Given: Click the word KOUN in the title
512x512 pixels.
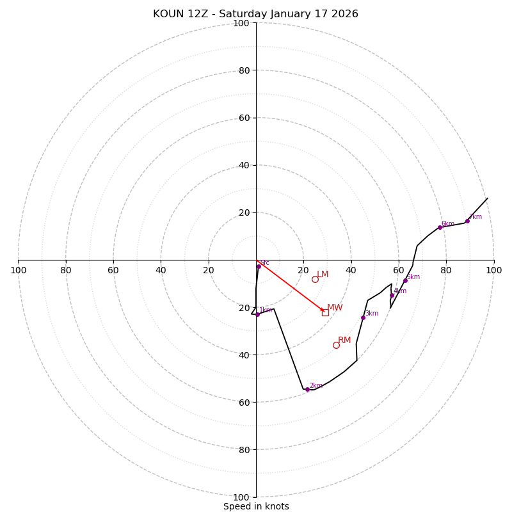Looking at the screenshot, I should point(168,14).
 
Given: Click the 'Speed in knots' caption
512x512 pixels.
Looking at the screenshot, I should point(256,506).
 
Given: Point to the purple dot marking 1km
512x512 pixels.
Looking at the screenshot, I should point(258,314).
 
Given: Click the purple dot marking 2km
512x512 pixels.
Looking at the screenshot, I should point(307,389).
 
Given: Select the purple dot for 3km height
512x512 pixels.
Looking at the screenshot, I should point(363,317).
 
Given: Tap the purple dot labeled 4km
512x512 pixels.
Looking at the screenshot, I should point(392,295).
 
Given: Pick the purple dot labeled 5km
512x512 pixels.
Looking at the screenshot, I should point(405,280).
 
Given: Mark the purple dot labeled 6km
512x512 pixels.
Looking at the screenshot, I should point(440,227).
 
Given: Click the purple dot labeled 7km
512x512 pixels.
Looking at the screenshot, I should point(467,221).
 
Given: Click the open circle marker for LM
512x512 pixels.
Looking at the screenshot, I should point(315,279).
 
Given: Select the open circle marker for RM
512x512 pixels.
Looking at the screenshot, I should point(336,345).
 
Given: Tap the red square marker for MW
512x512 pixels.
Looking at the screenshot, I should point(325,312).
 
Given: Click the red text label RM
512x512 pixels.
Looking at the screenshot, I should point(344,340).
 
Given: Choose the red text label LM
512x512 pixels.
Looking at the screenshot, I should point(323,274).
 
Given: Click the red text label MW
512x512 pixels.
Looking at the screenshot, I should point(335,308).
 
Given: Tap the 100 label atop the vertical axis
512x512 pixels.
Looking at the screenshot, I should point(241,23).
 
